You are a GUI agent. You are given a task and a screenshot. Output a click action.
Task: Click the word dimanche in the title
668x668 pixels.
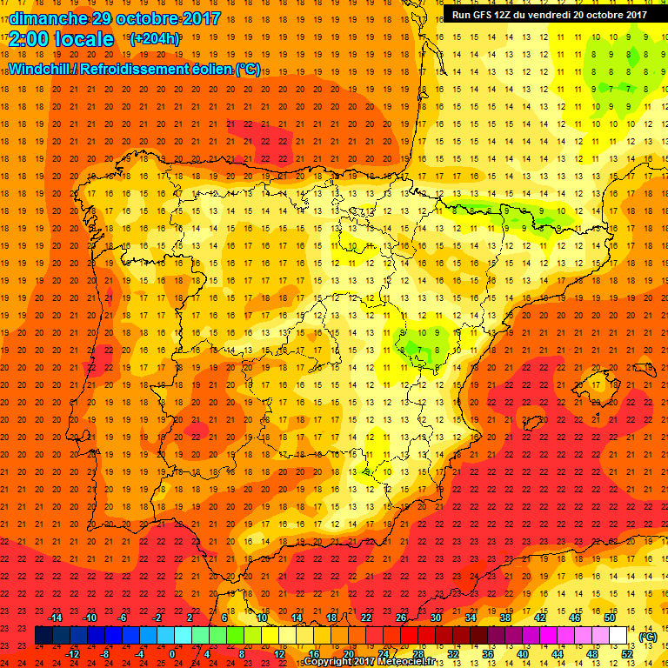(45, 17)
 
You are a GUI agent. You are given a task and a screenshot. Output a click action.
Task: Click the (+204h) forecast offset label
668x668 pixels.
(154, 40)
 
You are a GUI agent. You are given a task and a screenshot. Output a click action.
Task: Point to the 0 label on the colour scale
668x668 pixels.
(172, 654)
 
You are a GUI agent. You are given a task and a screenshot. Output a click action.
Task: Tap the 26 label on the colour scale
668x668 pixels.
(400, 618)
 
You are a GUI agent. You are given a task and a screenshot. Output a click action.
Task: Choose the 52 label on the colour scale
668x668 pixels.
(626, 654)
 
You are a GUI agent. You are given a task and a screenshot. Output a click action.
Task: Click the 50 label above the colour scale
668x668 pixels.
(609, 618)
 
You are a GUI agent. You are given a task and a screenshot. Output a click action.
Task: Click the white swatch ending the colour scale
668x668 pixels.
(618, 636)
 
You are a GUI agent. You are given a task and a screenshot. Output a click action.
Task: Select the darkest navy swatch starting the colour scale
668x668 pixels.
(43, 636)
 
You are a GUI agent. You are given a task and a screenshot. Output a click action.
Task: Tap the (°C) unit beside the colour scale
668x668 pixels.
(647, 637)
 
